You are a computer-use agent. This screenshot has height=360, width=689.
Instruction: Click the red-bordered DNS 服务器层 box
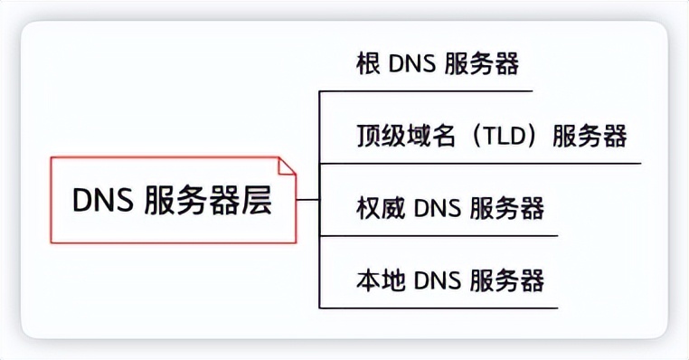click(173, 200)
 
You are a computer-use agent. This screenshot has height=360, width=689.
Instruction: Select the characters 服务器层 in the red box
click(208, 201)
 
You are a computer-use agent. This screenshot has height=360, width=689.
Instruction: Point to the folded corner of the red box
click(287, 166)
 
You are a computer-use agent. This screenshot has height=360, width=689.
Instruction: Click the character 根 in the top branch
click(369, 64)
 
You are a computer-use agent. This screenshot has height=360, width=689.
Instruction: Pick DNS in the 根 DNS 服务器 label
click(412, 64)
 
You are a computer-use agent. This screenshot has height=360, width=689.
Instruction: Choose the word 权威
click(381, 208)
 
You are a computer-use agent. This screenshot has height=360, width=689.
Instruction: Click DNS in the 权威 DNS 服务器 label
click(438, 208)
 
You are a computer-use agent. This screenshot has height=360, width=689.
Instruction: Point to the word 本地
click(381, 279)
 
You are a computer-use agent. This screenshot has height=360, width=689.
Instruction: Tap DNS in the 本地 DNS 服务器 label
click(438, 279)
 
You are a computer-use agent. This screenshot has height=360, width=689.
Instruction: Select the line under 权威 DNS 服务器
click(439, 235)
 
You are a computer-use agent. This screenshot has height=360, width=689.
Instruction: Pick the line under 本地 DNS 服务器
click(439, 308)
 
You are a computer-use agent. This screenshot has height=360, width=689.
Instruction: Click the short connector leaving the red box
click(308, 200)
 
